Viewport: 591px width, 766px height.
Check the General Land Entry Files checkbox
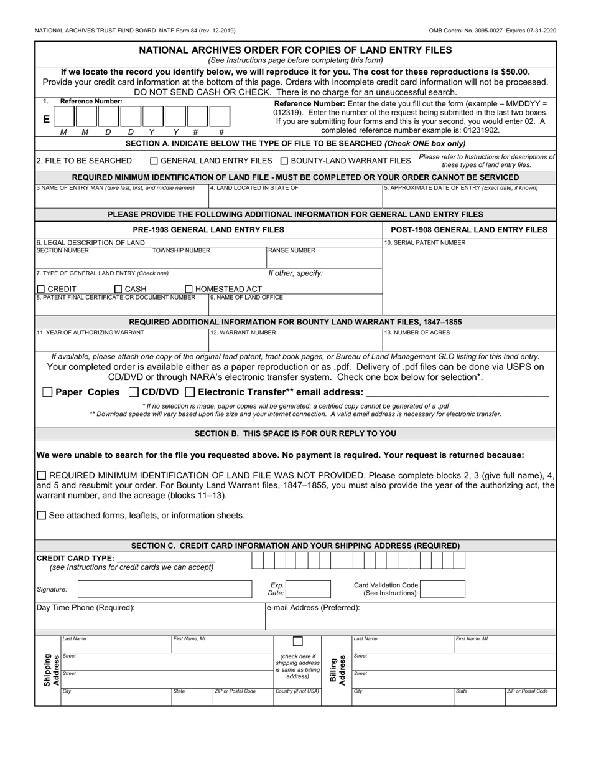pos(155,161)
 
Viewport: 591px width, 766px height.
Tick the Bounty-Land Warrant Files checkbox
pos(284,161)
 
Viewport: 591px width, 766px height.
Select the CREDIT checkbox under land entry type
pos(41,289)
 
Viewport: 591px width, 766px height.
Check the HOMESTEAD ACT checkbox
pos(189,289)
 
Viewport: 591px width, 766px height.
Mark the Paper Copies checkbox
pos(47,392)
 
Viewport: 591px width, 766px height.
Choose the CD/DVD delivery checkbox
pos(133,392)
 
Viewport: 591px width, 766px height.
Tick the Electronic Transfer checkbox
pos(190,392)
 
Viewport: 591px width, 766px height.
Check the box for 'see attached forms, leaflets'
pos(42,515)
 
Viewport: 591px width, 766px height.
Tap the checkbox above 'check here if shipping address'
pos(298,641)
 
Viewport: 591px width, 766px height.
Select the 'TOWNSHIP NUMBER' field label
pos(181,250)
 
